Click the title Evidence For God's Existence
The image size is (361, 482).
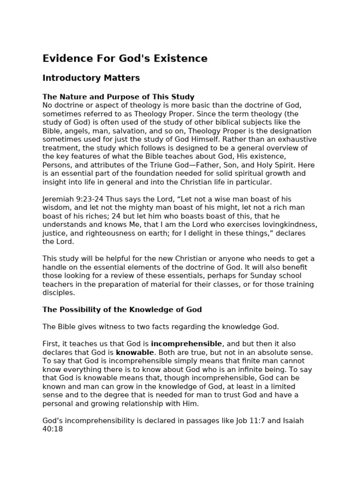[125, 58]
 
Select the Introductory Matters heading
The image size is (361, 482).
[91, 78]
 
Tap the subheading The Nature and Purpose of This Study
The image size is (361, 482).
[118, 97]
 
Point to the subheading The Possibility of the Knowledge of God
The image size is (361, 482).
[122, 309]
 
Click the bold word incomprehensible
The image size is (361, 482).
[186, 344]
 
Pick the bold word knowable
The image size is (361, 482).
[135, 352]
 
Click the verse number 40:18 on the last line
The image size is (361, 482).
[52, 429]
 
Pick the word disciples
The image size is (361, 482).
[58, 292]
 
